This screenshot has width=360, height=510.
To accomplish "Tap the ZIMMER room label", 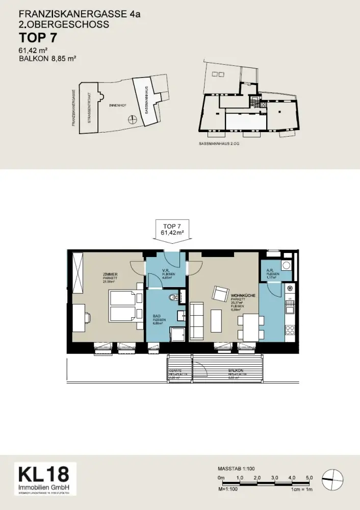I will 110,274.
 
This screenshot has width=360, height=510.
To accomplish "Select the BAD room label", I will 157,316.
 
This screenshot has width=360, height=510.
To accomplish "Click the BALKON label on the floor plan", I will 235,370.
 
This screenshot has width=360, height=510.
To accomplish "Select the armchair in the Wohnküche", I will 220,294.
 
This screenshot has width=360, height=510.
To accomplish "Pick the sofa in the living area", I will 197,321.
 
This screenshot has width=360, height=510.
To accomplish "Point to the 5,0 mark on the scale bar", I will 309,478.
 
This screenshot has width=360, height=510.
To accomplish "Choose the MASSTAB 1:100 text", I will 236,468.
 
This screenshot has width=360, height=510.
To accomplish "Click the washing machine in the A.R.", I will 287,265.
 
